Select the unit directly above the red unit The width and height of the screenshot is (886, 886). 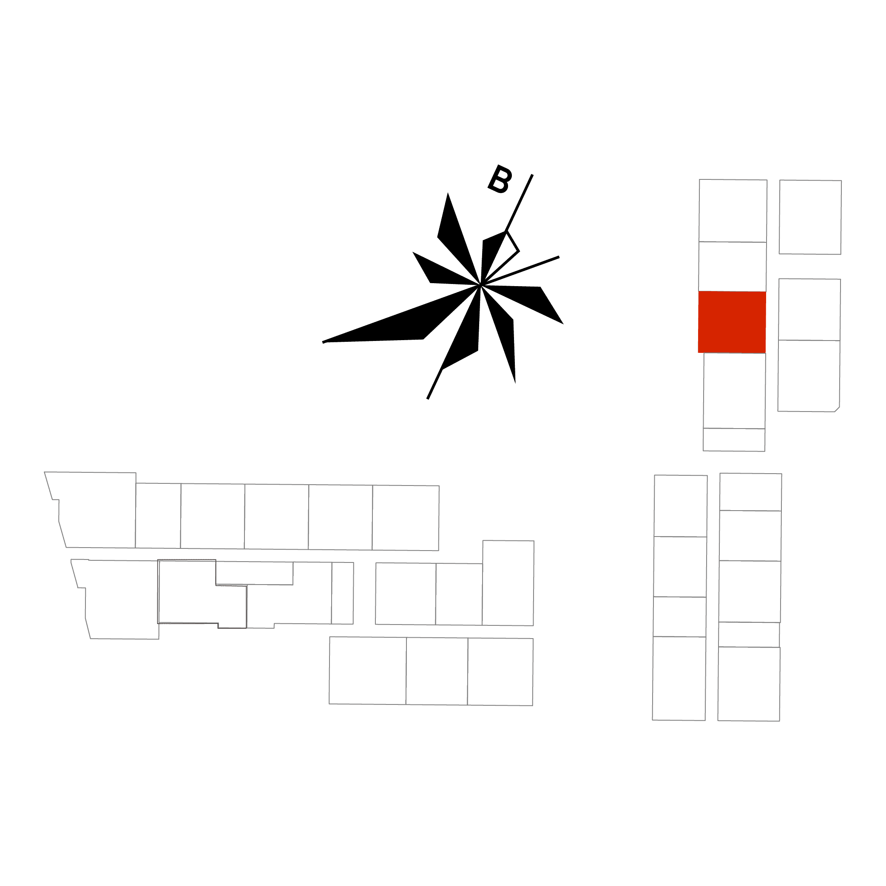click(x=733, y=266)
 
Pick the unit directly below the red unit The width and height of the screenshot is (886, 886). click(x=734, y=390)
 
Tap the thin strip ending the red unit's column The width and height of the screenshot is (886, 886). click(x=734, y=440)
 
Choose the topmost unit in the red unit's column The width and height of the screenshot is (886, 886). click(x=733, y=210)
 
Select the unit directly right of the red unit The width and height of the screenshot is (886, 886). click(x=809, y=310)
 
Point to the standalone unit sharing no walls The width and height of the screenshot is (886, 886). click(x=810, y=217)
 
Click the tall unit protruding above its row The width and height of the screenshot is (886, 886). click(x=508, y=583)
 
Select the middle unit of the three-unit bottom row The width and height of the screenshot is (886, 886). click(x=437, y=671)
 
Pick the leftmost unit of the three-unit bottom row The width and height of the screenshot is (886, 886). click(x=367, y=670)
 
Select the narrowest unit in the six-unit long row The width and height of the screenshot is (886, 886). click(x=158, y=515)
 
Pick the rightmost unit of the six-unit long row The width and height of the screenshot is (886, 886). click(x=406, y=518)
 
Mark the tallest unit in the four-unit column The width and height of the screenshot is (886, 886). click(x=679, y=678)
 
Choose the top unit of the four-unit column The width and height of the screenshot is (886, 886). click(x=680, y=506)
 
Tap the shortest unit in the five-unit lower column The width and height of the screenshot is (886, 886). click(x=749, y=634)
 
